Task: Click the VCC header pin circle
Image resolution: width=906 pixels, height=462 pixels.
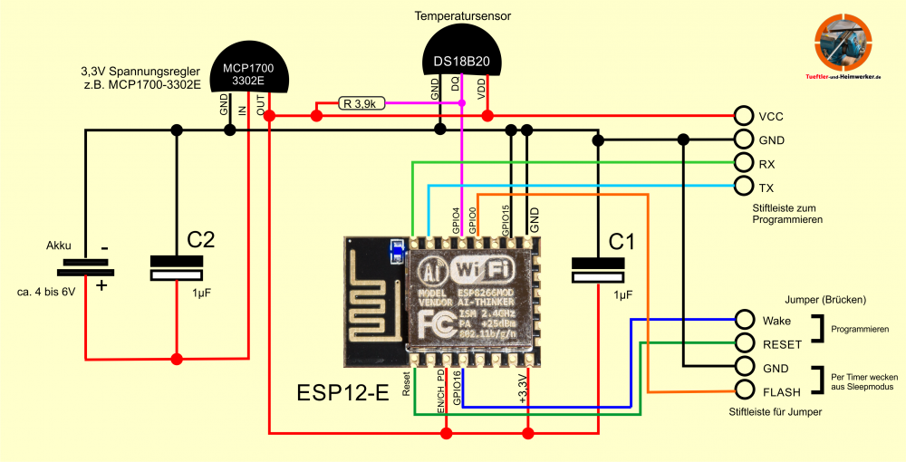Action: (x=744, y=116)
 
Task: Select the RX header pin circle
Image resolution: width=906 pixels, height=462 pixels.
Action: (x=744, y=163)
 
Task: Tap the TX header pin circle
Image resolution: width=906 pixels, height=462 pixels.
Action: (x=744, y=187)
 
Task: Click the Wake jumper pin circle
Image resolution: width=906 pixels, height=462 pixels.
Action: (x=744, y=319)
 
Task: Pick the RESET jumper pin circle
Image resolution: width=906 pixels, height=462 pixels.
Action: (x=744, y=342)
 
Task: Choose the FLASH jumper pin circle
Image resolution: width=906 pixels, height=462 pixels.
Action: (x=744, y=390)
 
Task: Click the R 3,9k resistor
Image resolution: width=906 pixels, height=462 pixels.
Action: (x=360, y=103)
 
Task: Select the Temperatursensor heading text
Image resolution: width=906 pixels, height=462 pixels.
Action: (x=461, y=16)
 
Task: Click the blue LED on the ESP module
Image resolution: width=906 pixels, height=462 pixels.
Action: (x=395, y=250)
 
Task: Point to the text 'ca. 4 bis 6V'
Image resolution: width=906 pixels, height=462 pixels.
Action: (x=45, y=293)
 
